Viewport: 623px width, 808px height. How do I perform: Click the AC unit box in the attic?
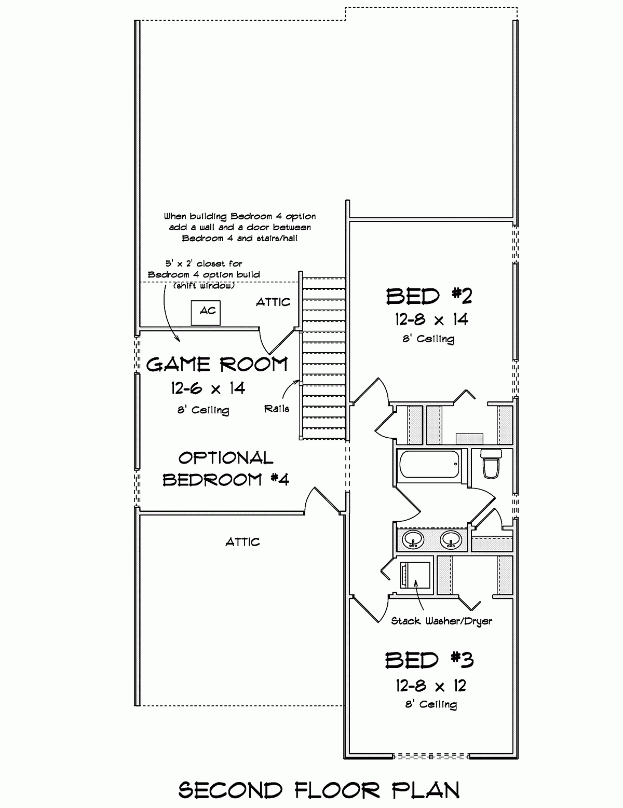206,312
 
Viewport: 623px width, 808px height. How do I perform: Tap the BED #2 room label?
429,296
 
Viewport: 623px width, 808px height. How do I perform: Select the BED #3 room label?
429,660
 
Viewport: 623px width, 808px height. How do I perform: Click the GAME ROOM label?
216,365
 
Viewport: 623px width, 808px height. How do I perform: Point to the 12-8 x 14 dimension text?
431,319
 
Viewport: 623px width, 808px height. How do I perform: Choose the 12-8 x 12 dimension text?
430,686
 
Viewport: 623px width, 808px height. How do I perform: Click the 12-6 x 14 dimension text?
208,388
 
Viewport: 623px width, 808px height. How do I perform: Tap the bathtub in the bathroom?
429,465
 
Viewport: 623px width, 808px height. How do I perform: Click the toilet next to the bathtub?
491,464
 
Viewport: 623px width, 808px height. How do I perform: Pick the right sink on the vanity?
451,540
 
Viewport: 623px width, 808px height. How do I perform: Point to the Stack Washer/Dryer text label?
441,621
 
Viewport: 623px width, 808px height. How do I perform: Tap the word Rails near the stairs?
276,409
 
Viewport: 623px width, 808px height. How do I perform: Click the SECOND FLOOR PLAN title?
319,790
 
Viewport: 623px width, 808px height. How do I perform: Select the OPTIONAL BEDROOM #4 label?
226,469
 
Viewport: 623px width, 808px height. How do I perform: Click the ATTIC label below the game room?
242,542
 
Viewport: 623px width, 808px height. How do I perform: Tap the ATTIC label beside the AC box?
273,302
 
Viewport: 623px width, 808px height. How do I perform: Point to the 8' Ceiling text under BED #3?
430,704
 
